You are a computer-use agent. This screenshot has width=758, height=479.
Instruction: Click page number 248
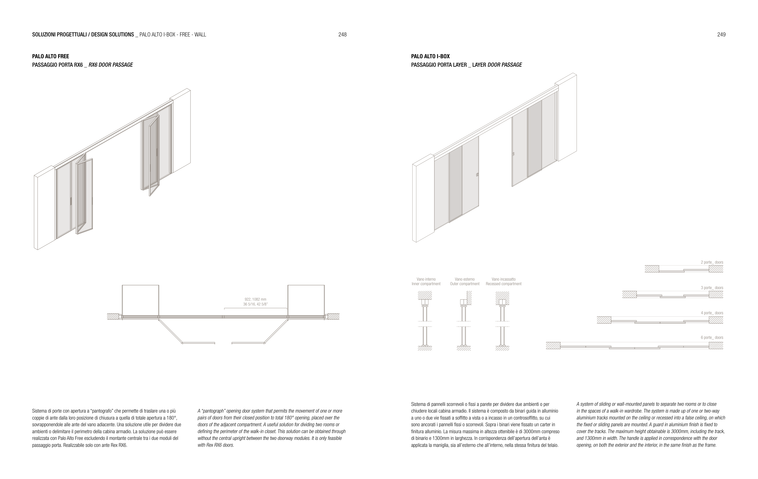tap(342, 35)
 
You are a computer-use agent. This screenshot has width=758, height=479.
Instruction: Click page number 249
tap(721, 35)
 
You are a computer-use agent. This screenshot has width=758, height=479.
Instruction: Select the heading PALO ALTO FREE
tap(50, 56)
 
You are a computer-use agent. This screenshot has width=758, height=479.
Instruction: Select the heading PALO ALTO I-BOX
tap(430, 56)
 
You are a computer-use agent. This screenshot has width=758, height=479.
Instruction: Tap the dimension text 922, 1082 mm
tap(255, 299)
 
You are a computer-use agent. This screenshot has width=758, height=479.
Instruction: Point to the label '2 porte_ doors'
tap(712, 262)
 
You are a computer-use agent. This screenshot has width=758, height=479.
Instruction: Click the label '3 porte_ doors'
tap(712, 288)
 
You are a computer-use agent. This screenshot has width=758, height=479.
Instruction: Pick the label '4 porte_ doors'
tap(712, 313)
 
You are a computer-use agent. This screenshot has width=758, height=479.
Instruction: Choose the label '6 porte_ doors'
tap(712, 337)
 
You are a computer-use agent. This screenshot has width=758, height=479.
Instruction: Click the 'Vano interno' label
tap(426, 279)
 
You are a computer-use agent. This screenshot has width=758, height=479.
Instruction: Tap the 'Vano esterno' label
tap(464, 279)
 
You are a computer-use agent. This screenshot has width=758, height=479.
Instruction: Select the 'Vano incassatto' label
tap(503, 279)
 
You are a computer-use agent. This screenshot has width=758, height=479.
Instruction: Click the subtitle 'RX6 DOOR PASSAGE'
tap(110, 65)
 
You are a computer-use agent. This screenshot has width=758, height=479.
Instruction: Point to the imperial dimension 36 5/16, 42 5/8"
tap(255, 304)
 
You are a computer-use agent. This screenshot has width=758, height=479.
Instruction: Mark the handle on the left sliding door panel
tap(477, 175)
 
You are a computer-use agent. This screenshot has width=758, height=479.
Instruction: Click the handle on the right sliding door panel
tap(514, 154)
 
